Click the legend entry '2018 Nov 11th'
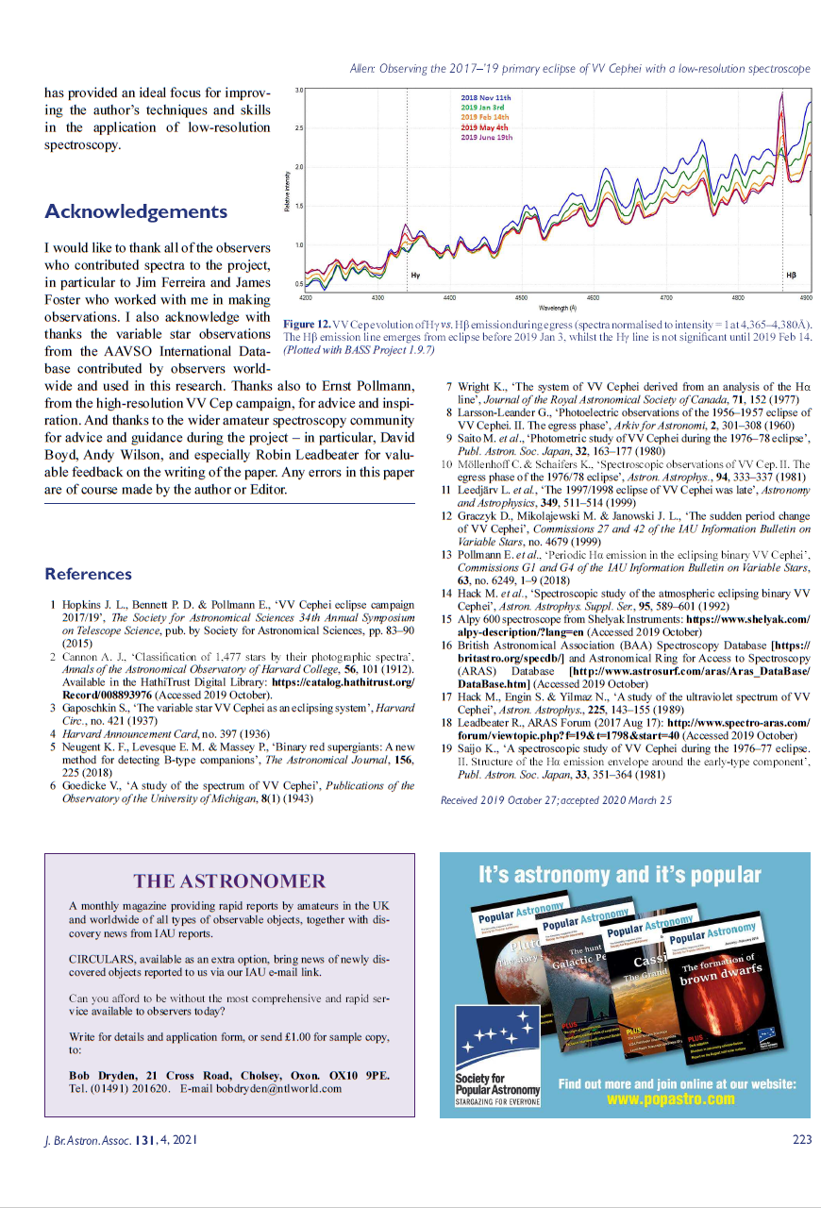click(485, 98)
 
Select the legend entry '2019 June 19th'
click(486, 137)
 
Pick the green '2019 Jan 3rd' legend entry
click(483, 108)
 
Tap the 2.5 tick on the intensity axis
click(298, 128)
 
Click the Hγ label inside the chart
click(416, 275)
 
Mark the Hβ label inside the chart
click(791, 275)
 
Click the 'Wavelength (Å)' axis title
click(558, 308)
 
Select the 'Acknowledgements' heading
click(136, 210)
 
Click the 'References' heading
click(88, 574)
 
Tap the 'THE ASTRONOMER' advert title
click(229, 881)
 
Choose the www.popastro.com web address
click(670, 1099)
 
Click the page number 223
click(801, 1139)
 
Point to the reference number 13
click(448, 555)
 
